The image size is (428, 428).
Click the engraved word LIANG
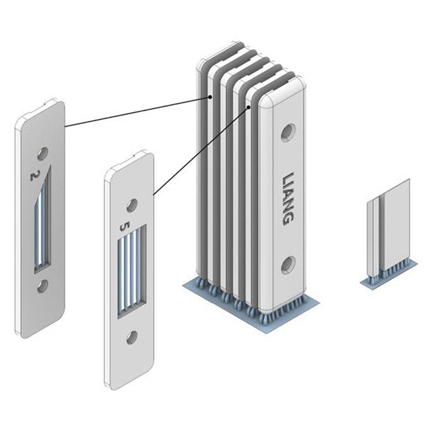[288, 198]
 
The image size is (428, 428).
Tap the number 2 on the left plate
[35, 175]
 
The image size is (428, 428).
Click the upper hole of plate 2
[43, 154]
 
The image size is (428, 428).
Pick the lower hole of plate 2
[43, 286]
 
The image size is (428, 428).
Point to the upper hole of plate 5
[132, 206]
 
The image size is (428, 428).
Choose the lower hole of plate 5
[132, 338]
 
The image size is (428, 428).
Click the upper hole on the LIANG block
[288, 132]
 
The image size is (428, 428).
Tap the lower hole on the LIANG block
[288, 264]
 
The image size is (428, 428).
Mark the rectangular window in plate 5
[132, 272]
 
